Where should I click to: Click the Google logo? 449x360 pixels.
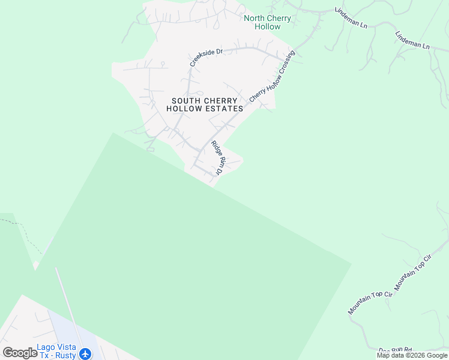20,353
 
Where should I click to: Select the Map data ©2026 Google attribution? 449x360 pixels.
412,355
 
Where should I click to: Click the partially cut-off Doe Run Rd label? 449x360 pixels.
396,350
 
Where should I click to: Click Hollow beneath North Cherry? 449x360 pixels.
267,26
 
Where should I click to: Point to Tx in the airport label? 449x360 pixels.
43,355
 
